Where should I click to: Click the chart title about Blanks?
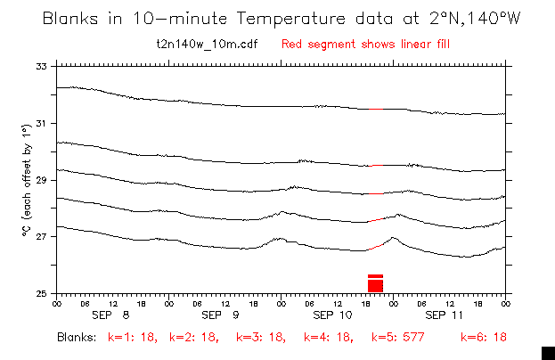(x=277, y=19)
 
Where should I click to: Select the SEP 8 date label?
(x=113, y=315)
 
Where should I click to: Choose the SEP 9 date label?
(x=224, y=315)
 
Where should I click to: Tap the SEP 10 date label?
(x=336, y=315)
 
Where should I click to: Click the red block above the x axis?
(x=375, y=283)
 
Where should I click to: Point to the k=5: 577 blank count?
(x=396, y=339)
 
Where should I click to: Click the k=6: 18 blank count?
(x=484, y=339)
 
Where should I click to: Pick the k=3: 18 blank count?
(x=262, y=339)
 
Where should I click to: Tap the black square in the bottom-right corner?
(x=548, y=352)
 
